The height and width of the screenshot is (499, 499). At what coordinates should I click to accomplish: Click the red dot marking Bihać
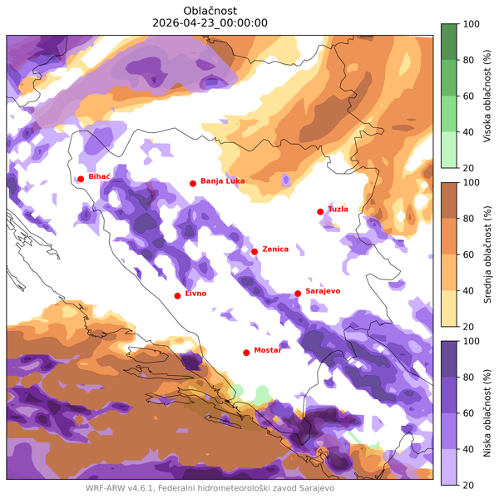click(81, 179)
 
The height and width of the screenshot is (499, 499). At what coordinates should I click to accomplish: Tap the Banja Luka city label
click(223, 181)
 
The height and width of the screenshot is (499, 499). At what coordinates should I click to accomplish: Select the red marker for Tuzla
click(320, 211)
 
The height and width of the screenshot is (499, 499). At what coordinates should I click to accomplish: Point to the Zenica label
click(275, 249)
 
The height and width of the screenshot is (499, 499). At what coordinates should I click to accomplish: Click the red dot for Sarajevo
click(298, 293)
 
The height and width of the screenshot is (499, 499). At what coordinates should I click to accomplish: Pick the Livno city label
click(195, 294)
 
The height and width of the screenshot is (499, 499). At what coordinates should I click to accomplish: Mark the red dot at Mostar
click(246, 353)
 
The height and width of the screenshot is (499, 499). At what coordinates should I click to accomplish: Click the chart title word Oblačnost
click(210, 10)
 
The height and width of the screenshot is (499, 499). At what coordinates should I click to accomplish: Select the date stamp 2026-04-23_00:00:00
click(210, 22)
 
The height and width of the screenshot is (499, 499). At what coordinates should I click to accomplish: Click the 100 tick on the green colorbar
click(470, 25)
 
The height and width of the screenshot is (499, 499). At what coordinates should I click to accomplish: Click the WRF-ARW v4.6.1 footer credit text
click(210, 488)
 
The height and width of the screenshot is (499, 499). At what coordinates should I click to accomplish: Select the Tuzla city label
click(338, 209)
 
